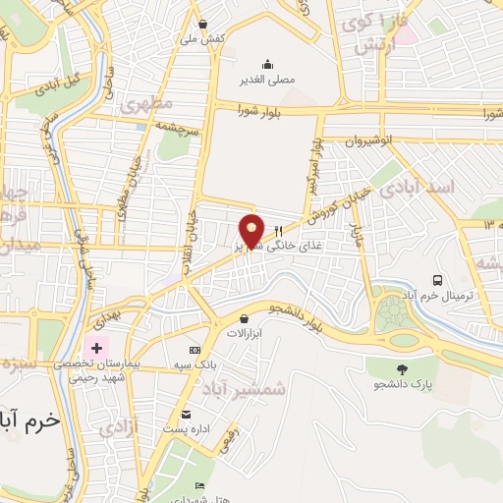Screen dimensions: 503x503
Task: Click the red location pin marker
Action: pyautogui.click(x=252, y=230)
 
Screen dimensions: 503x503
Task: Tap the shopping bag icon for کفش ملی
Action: pyautogui.click(x=202, y=25)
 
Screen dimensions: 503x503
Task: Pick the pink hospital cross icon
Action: pyautogui.click(x=97, y=349)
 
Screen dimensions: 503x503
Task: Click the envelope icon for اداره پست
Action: pyautogui.click(x=187, y=414)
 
